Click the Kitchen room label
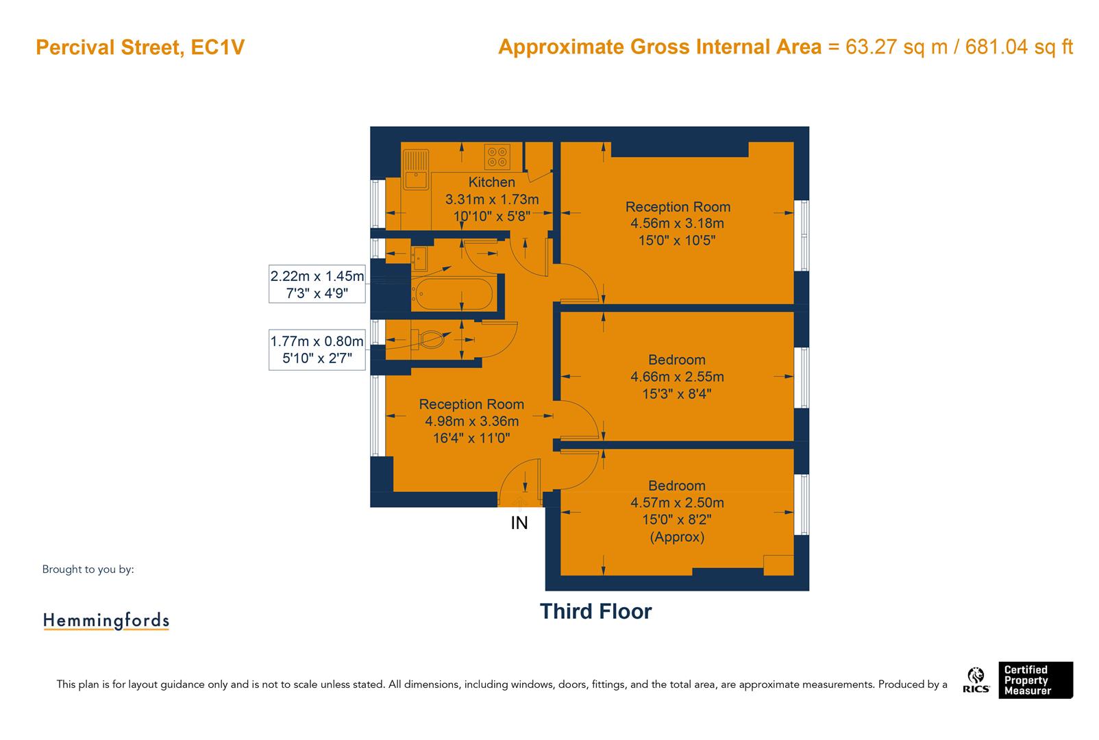(491, 182)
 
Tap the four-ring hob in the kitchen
(497, 157)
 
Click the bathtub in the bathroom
(452, 295)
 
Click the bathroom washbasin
(419, 259)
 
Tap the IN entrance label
(519, 523)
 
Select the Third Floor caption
(595, 611)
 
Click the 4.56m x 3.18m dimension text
(677, 223)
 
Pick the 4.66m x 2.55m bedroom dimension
(677, 377)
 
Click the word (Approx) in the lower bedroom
(677, 536)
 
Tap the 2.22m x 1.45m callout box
(317, 284)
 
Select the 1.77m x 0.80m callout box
(317, 349)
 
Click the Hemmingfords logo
(106, 621)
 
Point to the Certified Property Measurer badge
(1034, 680)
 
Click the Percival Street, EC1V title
(140, 48)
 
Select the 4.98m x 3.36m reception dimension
(471, 421)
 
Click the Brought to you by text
(88, 569)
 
